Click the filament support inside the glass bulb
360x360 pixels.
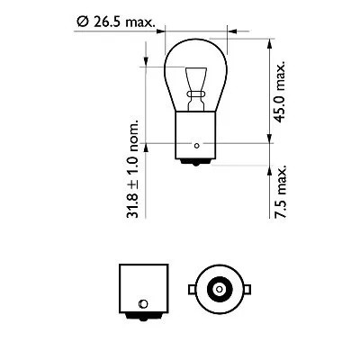pos(194,85)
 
